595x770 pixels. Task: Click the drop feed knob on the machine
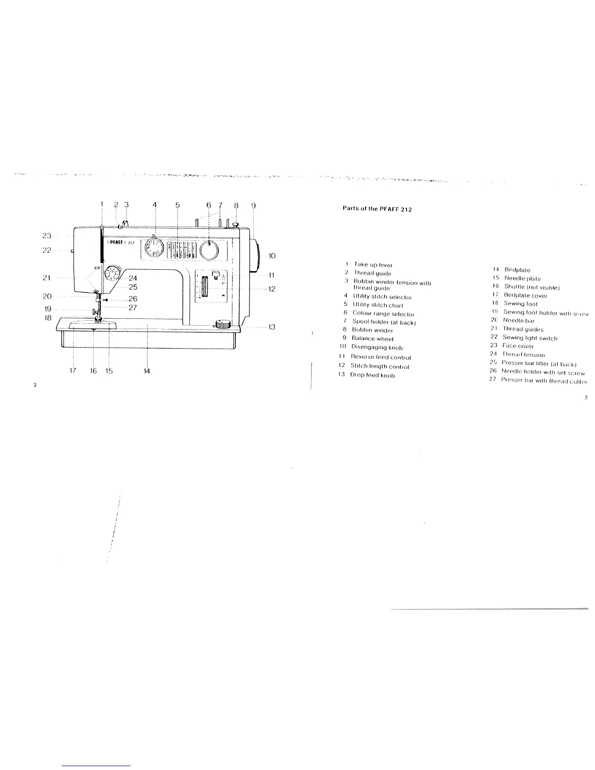[x=223, y=324]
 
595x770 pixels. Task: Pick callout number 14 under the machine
[x=147, y=371]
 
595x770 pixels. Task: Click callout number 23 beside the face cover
[x=47, y=236]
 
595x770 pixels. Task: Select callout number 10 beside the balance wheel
[x=272, y=256]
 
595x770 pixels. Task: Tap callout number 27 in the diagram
[x=133, y=307]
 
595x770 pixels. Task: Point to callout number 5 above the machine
[x=177, y=205]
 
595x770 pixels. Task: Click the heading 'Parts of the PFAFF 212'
[x=377, y=210]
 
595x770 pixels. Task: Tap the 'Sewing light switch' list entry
[x=529, y=338]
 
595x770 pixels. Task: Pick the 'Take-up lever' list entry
[x=372, y=265]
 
